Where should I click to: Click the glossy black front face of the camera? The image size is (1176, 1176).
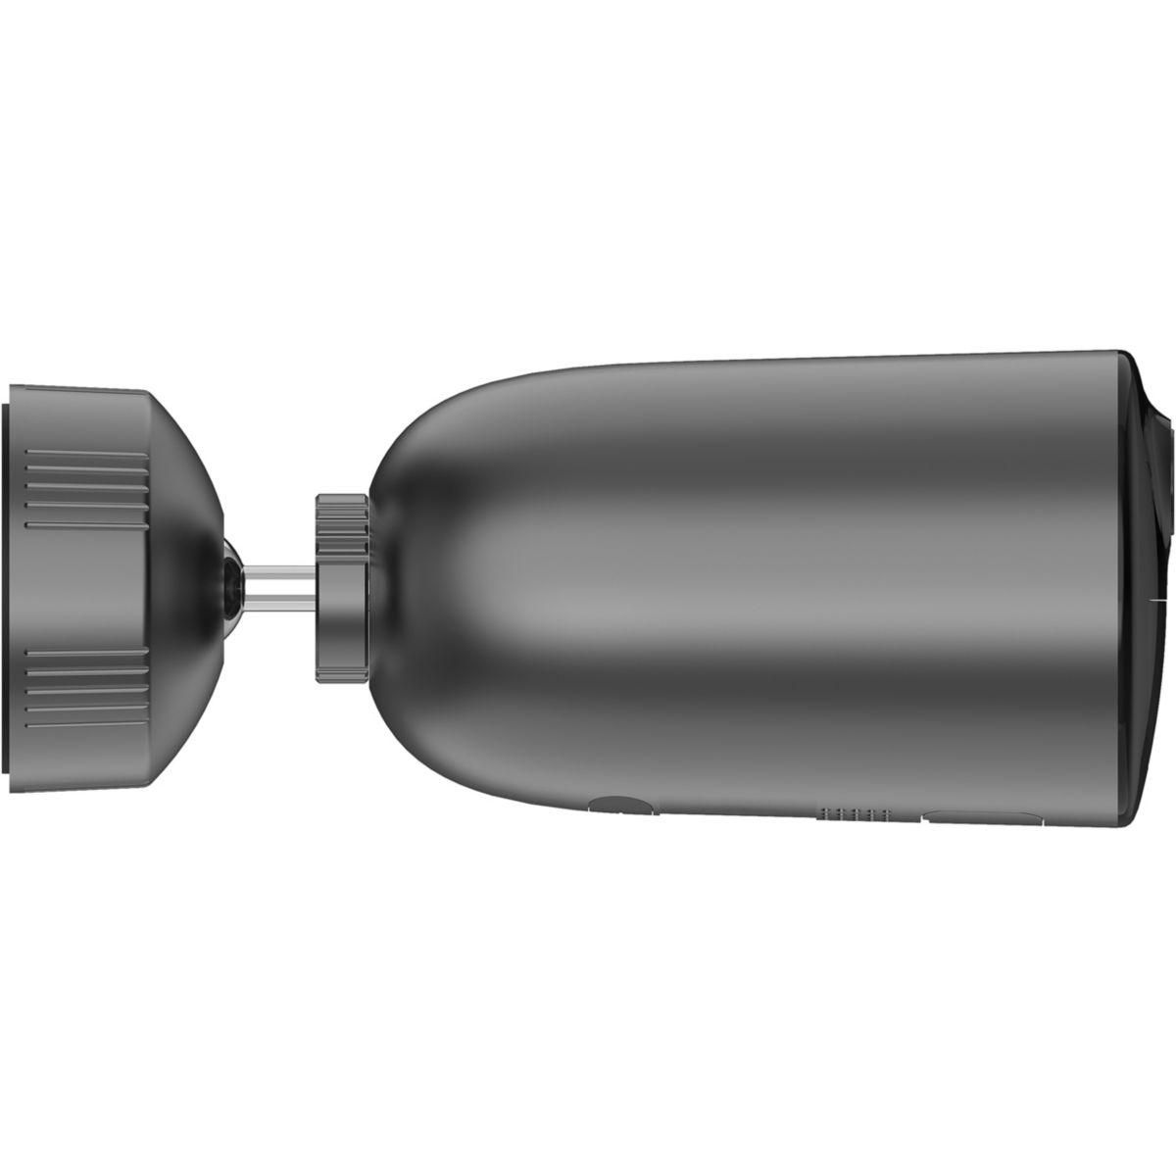click(x=1151, y=588)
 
